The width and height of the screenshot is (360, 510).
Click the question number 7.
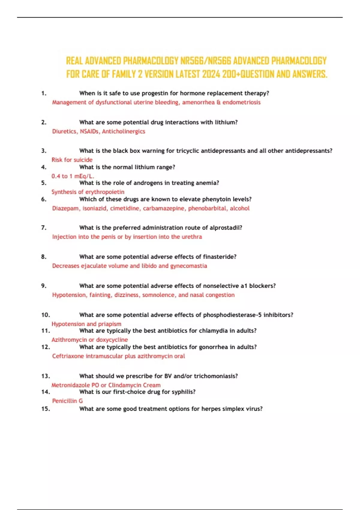click(44, 228)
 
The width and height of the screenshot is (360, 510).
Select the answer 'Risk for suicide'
click(72, 160)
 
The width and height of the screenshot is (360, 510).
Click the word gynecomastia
click(188, 266)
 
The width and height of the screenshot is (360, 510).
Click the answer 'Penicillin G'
click(67, 401)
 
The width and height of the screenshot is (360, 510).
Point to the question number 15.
click(46, 409)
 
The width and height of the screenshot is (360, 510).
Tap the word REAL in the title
click(74, 61)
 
